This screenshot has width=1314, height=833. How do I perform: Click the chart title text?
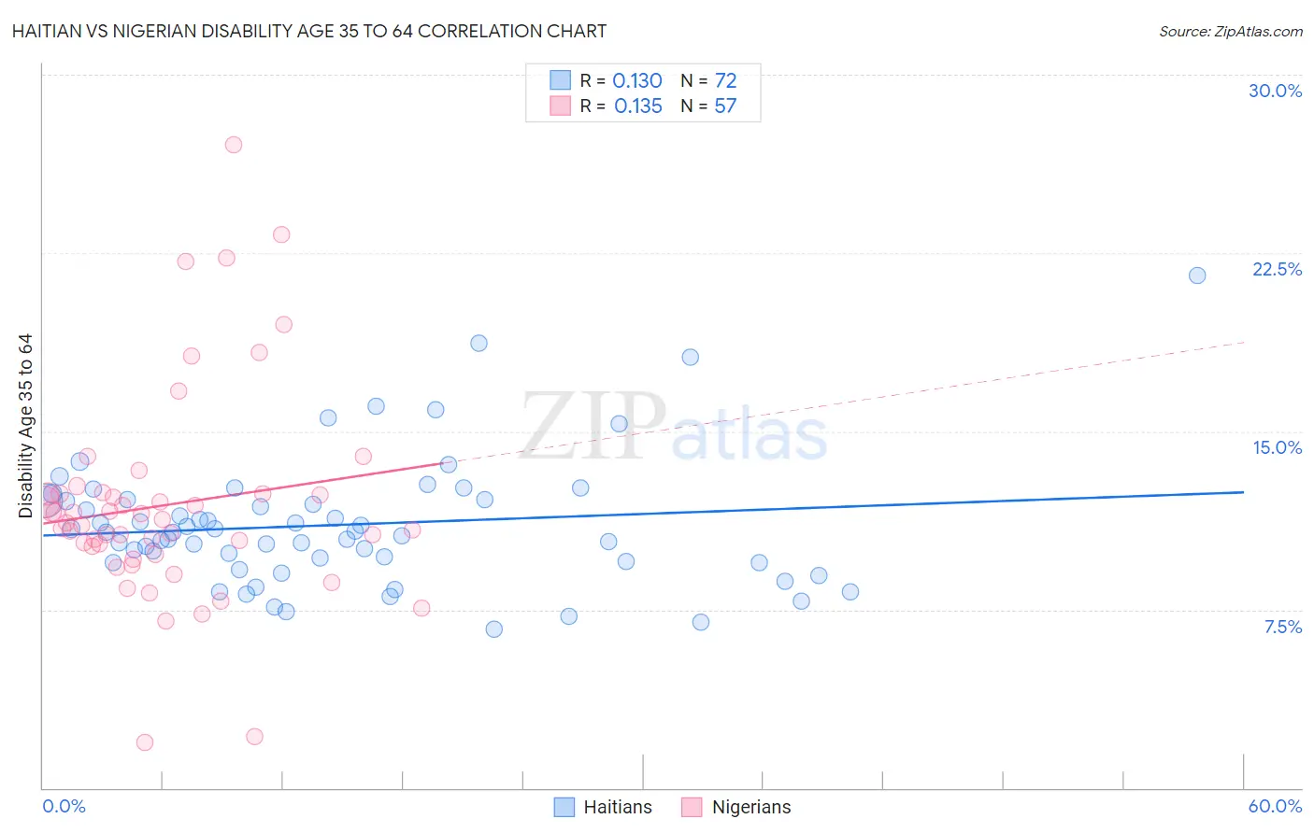pos(308,31)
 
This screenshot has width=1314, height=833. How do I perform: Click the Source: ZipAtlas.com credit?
pos(1230,31)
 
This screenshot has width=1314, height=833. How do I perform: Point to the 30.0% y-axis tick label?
pos(1275,91)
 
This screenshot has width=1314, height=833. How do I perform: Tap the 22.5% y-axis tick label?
pos(1277,269)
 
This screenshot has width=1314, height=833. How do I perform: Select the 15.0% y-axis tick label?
pos(1277,447)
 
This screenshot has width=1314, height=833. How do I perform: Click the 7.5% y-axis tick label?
pos(1282,627)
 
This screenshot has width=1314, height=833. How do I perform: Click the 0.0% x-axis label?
pos(64,806)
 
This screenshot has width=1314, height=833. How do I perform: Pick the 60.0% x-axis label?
pos(1274,806)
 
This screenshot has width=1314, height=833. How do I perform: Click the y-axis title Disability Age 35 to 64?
pos(25,426)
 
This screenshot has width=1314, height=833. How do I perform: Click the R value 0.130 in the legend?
pos(637,80)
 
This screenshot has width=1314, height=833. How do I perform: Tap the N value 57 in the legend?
pos(725,106)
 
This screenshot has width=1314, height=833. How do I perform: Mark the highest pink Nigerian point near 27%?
pos(234,145)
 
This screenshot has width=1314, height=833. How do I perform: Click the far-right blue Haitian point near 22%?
pos(1196,275)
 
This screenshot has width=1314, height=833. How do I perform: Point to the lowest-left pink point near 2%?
pos(145,742)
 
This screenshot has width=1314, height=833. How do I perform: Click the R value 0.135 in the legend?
pos(638,106)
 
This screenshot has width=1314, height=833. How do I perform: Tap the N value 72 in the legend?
pos(725,80)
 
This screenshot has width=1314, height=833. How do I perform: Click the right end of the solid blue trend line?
pos(1243,491)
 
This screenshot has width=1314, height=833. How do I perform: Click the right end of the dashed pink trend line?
pos(1244,343)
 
